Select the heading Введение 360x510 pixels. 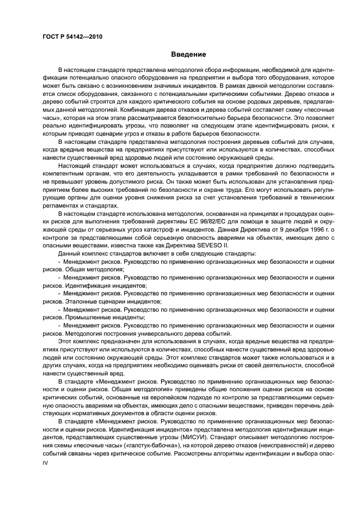coord(188,54)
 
